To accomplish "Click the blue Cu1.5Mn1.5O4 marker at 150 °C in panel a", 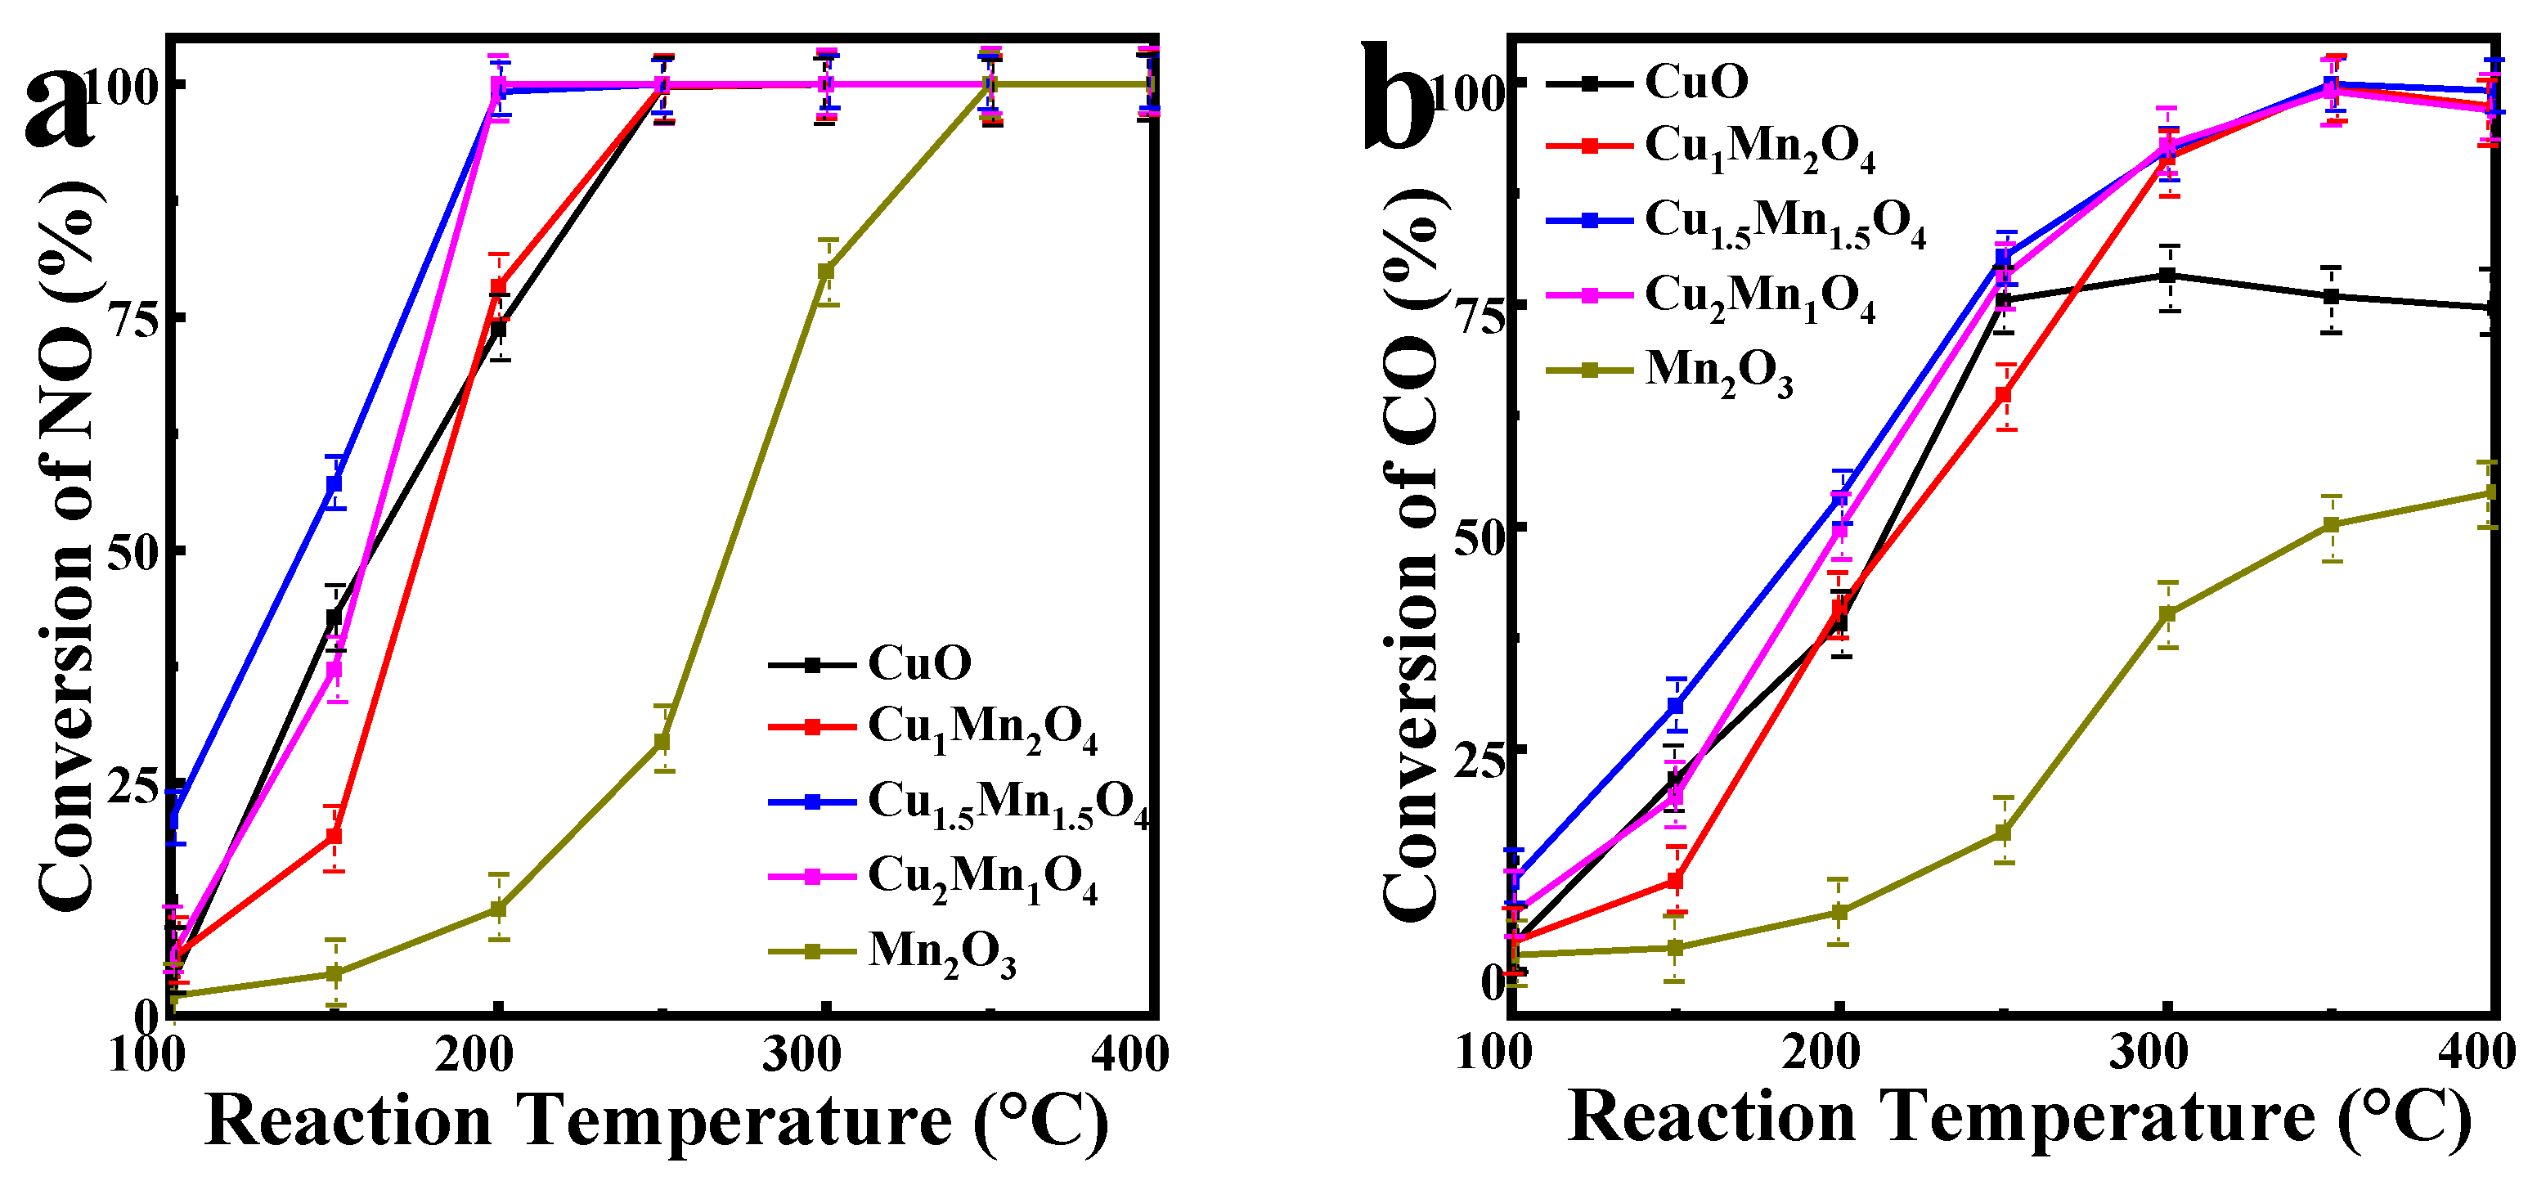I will [335, 483].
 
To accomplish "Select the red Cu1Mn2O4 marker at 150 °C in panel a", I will [335, 835].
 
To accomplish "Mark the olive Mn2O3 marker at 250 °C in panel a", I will [662, 741].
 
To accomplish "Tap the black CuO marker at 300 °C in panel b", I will [2167, 276].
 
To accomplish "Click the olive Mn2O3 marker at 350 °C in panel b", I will [2331, 525].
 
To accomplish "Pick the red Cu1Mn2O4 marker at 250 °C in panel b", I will [2003, 396].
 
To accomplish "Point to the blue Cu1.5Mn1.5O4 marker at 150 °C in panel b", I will [1675, 705].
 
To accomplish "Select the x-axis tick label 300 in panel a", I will [802, 1054].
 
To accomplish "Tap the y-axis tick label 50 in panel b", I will [1481, 527].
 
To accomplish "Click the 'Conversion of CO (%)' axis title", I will [1413, 551].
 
